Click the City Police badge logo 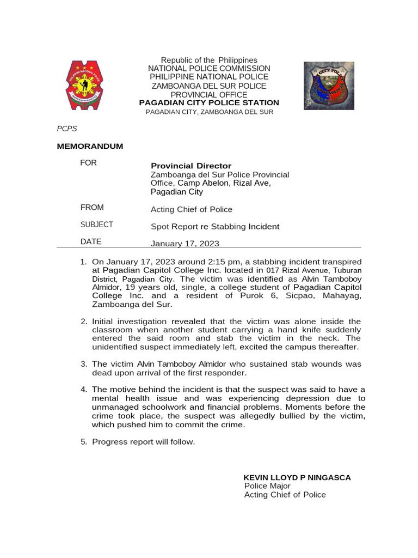point(329,86)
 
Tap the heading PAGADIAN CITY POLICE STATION point(209,103)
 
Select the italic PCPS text point(67,129)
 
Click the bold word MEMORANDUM point(90,146)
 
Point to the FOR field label point(88,163)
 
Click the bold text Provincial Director point(191,166)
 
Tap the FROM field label point(91,208)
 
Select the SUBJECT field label point(96,225)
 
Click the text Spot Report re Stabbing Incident point(215,227)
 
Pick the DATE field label point(90,242)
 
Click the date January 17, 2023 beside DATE point(185,244)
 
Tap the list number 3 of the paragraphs point(84,364)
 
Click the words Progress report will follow point(143,442)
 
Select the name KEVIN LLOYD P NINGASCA point(297,477)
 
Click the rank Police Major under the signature point(267,486)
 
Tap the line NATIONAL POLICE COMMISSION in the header point(209,68)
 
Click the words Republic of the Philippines point(209,60)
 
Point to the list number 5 point(84,442)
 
